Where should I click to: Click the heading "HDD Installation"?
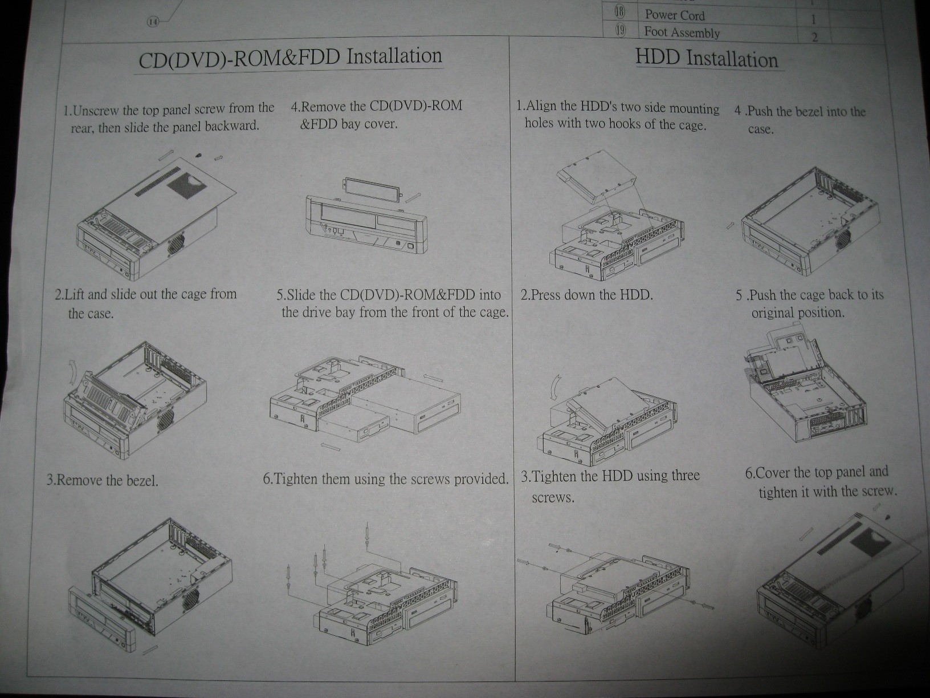pos(707,59)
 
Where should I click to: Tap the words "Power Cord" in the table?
pos(675,15)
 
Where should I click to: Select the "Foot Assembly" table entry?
pos(682,32)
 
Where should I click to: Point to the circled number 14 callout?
pos(153,23)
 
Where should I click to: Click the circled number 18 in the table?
pos(619,13)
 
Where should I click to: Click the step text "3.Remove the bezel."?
pos(102,480)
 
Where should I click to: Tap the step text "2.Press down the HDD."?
pos(587,295)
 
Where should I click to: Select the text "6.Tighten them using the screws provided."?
pos(386,479)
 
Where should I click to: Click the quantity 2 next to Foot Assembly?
pos(814,37)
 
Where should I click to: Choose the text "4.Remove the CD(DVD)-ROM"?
pos(376,107)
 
